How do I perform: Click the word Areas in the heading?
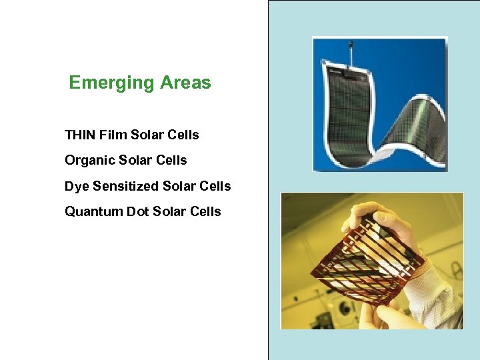coord(185,83)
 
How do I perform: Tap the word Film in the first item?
coord(113,135)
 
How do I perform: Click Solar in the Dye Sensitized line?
coord(180,186)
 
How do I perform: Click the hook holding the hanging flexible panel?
coord(351,49)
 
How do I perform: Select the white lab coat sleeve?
coord(440,293)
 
